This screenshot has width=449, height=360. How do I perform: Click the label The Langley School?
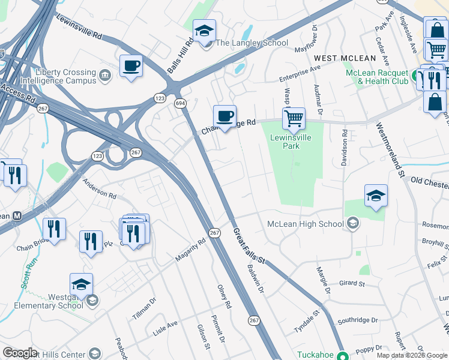tap(252, 43)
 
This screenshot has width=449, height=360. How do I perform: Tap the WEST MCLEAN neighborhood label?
tap(345, 58)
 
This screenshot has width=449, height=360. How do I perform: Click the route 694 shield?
tap(179, 103)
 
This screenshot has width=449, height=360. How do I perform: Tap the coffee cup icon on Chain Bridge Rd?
tap(224, 116)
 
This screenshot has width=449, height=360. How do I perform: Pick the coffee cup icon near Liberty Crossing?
tap(131, 66)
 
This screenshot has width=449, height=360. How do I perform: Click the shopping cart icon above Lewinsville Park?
tap(294, 118)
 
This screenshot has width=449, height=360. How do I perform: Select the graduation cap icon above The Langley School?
tap(204, 31)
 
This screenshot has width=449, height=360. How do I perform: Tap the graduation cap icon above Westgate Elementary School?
tap(82, 284)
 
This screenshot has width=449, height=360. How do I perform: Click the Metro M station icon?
tap(17, 215)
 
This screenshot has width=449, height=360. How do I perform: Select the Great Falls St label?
tap(249, 246)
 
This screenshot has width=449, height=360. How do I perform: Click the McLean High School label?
tap(306, 224)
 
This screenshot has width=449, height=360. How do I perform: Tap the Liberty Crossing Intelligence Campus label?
tap(58, 76)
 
